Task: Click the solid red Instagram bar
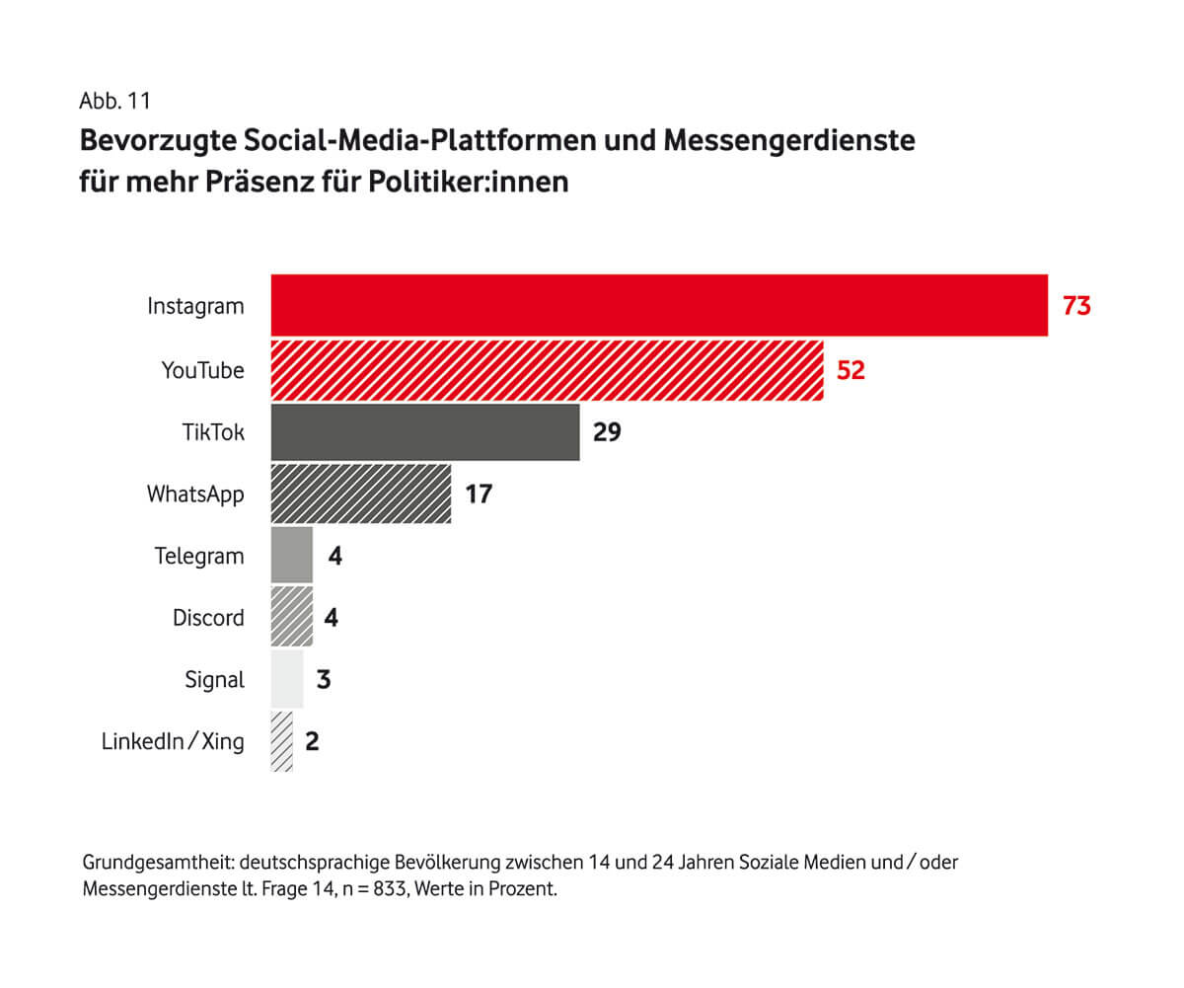(659, 306)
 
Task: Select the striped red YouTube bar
(547, 370)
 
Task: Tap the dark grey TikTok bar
(425, 432)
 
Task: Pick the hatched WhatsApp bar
(361, 494)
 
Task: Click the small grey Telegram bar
(292, 556)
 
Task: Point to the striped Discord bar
(292, 618)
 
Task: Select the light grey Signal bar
(287, 680)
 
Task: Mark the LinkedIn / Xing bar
(282, 741)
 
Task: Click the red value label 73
(1076, 306)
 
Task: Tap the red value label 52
(851, 371)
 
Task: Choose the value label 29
(607, 432)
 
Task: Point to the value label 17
(479, 494)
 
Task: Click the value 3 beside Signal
(323, 680)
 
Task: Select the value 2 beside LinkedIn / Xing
(312, 741)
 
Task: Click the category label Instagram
(195, 306)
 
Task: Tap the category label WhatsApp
(195, 494)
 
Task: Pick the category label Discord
(208, 618)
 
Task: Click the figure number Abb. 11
(115, 101)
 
